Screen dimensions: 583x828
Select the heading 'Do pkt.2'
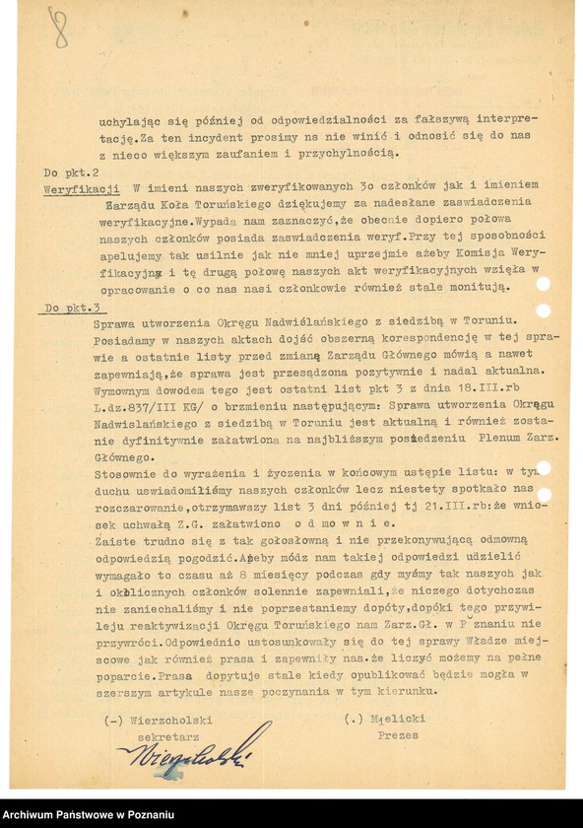click(x=66, y=171)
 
